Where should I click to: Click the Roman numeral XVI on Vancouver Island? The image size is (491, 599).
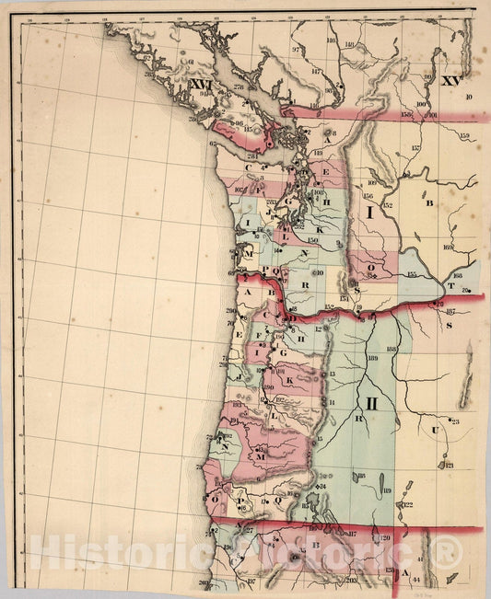pyautogui.click(x=201, y=85)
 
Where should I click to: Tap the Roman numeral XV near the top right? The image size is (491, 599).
pyautogui.click(x=450, y=82)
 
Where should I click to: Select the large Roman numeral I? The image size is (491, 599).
pyautogui.click(x=370, y=213)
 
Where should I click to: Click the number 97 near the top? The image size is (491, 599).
pyautogui.click(x=297, y=49)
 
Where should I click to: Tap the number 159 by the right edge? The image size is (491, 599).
pyautogui.click(x=464, y=137)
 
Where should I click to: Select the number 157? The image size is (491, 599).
pyautogui.click(x=415, y=147)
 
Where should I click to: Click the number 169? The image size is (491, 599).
pyautogui.click(x=448, y=246)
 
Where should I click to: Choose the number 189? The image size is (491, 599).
pyautogui.click(x=373, y=359)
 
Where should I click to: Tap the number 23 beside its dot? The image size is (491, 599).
pyautogui.click(x=455, y=421)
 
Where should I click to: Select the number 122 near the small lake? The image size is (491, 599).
pyautogui.click(x=407, y=504)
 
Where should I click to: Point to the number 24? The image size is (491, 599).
pyautogui.click(x=322, y=486)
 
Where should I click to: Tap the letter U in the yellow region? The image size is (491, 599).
pyautogui.click(x=433, y=431)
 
